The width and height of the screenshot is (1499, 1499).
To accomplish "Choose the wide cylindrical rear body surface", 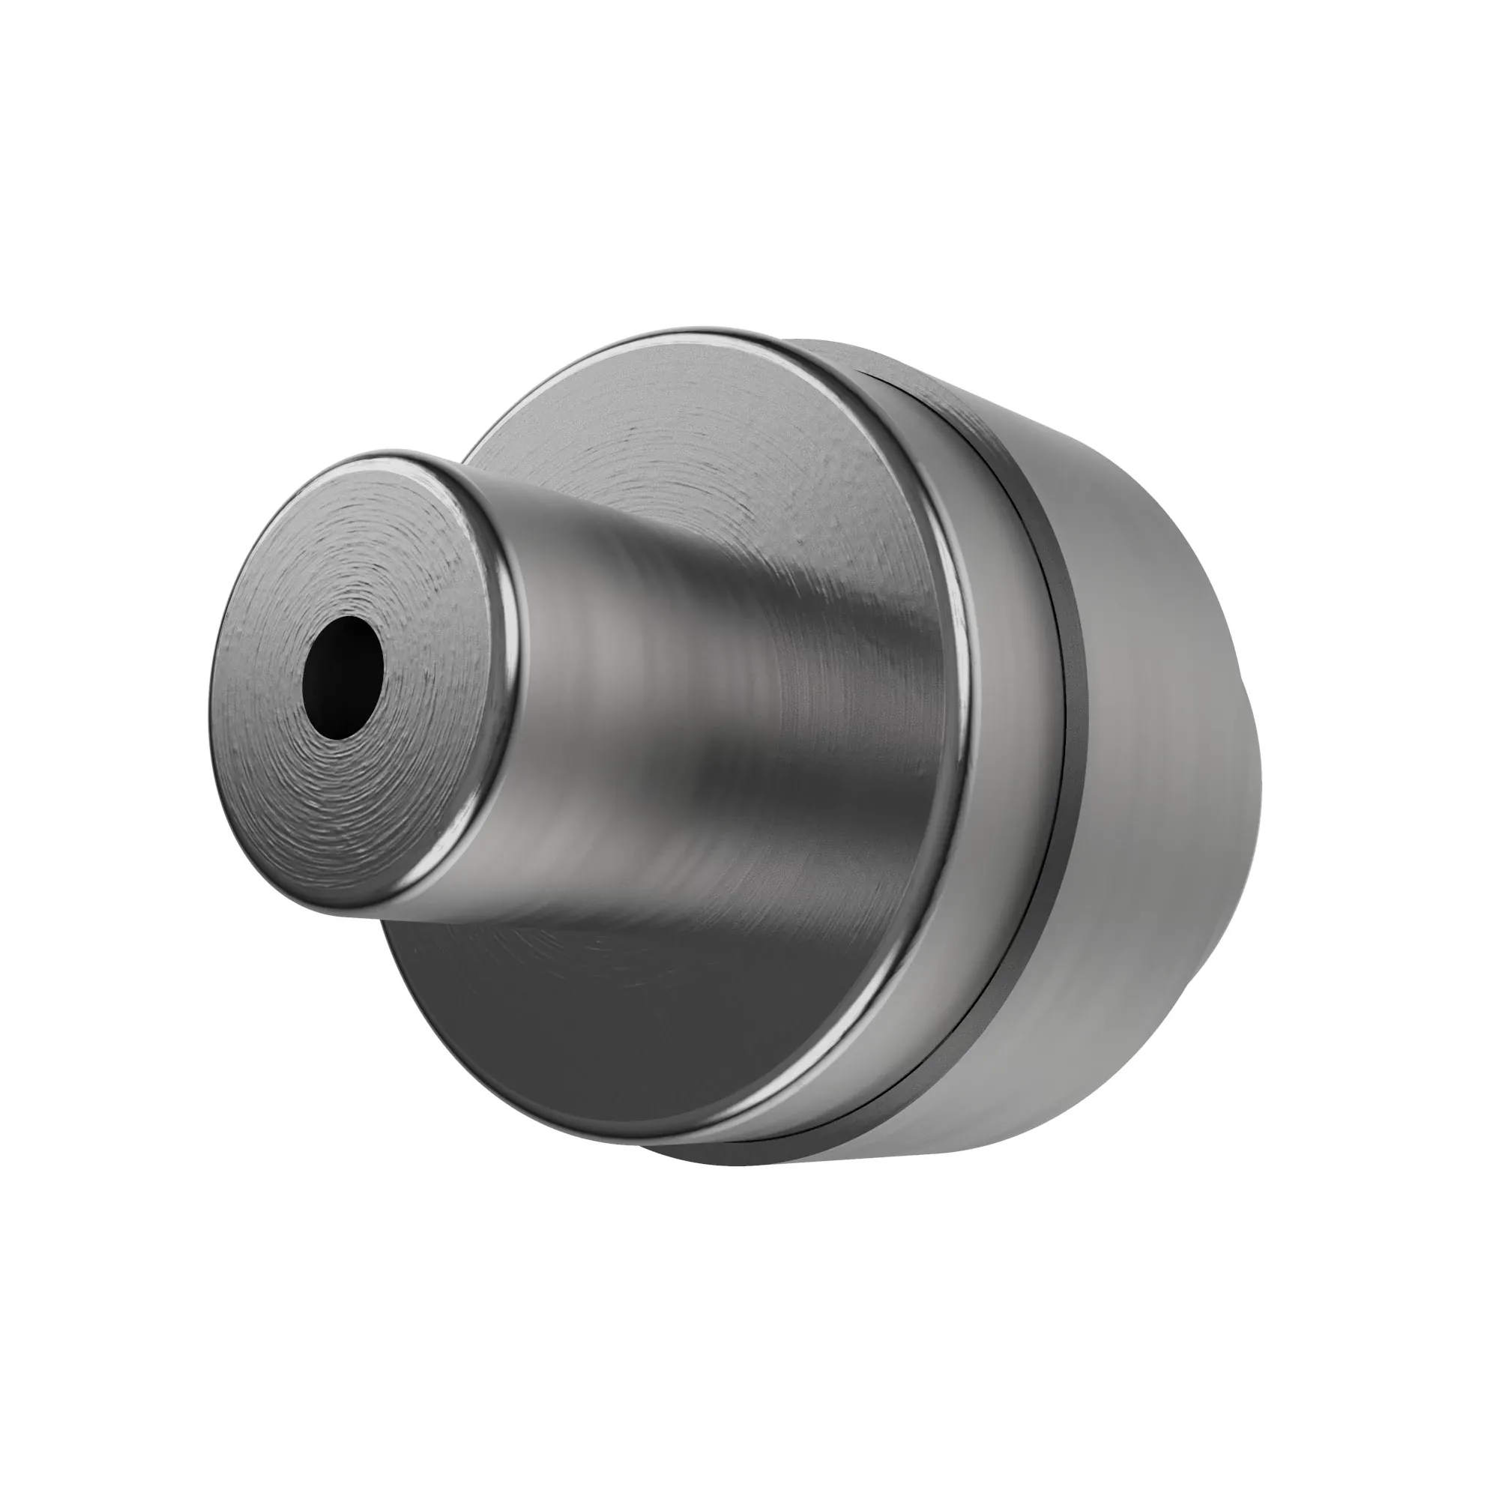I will (x=1164, y=776).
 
